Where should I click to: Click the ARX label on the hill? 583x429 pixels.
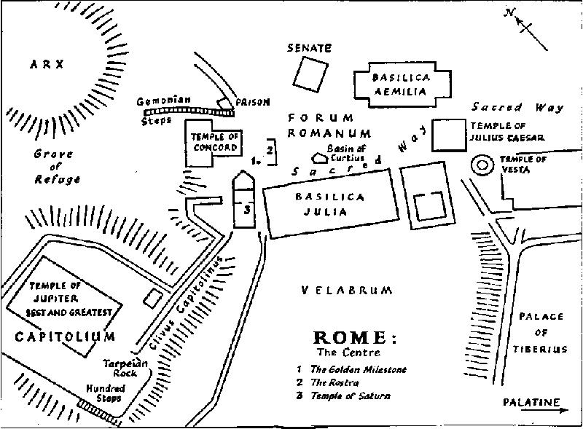click(x=47, y=64)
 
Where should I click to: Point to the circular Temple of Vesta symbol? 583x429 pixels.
click(x=482, y=165)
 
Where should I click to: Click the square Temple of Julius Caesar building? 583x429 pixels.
click(x=448, y=134)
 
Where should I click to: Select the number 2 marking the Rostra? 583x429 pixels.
click(x=270, y=151)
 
